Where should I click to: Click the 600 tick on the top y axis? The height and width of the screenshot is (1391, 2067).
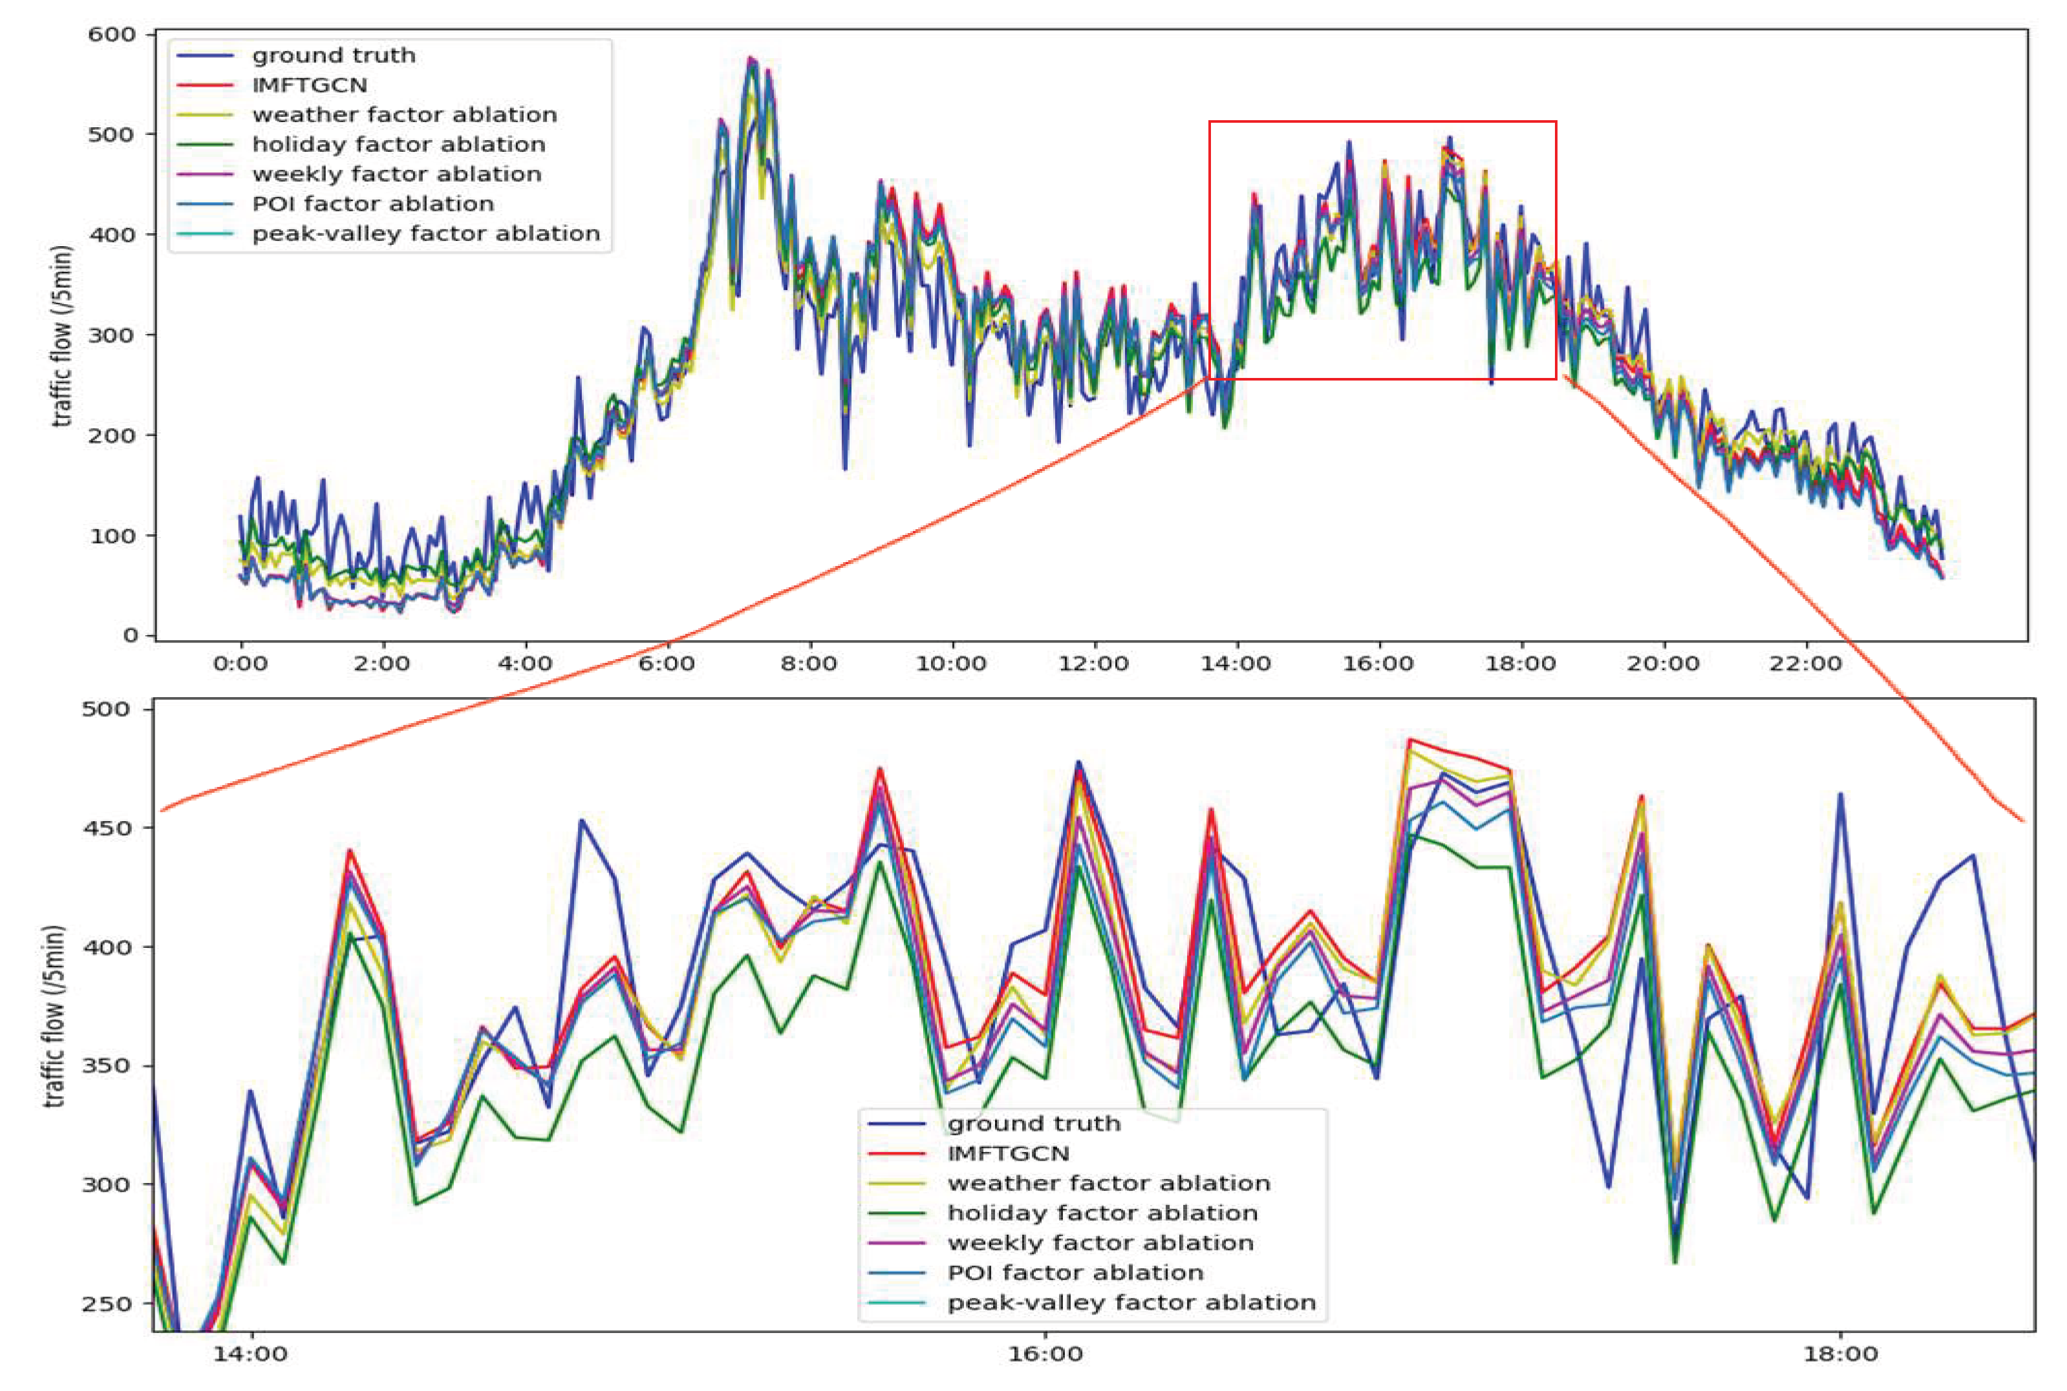[x=112, y=35]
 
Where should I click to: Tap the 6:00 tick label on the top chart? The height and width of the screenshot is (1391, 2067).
[x=667, y=664]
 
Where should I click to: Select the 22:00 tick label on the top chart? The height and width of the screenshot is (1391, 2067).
[x=1805, y=664]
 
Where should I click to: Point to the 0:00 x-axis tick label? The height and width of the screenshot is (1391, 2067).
[x=241, y=664]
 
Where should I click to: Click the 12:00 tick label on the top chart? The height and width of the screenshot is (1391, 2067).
[x=1093, y=664]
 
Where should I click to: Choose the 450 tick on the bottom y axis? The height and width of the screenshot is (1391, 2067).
[x=105, y=828]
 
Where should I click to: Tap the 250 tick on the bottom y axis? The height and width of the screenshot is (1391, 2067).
[x=105, y=1304]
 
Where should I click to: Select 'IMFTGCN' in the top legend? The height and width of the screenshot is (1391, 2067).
[x=310, y=85]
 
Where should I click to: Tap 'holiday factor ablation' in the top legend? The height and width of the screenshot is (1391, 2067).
[x=398, y=145]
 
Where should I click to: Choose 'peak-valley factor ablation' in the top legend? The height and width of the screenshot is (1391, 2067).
[x=426, y=233]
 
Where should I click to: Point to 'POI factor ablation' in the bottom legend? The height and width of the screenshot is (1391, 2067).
[x=1075, y=1272]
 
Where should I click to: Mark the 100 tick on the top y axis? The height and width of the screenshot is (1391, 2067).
[x=112, y=536]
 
